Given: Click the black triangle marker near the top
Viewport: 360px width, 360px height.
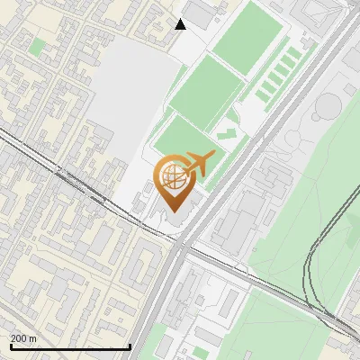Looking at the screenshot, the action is tap(181, 24).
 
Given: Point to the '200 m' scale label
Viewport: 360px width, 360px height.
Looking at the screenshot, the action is tap(24, 338).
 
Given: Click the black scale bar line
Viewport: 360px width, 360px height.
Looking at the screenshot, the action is tap(70, 346).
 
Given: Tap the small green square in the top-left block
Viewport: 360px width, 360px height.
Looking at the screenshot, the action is tap(37, 45).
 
